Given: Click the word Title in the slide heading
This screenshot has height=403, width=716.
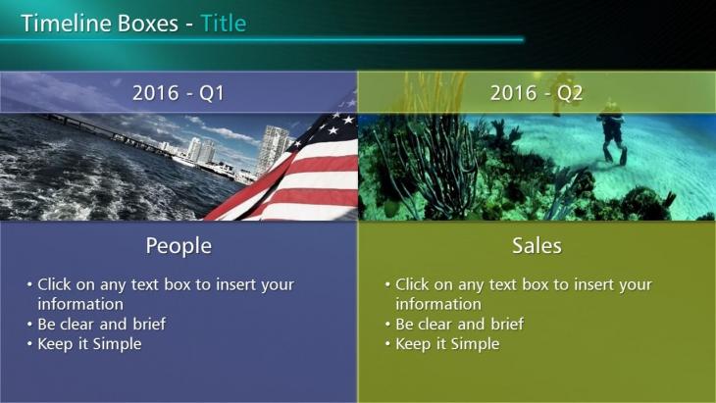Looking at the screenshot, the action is pos(224,24).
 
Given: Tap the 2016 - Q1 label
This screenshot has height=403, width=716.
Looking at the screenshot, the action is pos(179,93).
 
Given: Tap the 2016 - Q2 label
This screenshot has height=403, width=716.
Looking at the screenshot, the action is pos(537,93).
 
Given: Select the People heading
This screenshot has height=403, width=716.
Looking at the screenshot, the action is pos(179,246).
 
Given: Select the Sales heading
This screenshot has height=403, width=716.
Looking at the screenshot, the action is pos(537,245).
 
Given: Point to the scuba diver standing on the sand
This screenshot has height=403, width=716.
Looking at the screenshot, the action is pos(611,132).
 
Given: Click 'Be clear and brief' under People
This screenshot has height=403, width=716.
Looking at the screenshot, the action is pos(101,324).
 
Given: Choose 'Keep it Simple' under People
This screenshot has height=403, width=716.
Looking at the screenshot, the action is pos(89,344).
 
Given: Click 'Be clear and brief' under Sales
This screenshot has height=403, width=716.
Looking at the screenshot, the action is pos(459,324).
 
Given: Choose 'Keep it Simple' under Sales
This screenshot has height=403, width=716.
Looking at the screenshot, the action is pos(447,344).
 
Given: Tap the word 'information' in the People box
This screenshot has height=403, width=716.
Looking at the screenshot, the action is pos(80,304).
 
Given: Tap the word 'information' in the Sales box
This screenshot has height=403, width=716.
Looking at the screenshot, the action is pos(438,304).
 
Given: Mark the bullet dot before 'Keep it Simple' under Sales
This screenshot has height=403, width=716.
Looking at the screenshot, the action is pos(387,343).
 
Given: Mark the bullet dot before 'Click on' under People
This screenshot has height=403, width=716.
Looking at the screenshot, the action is pos(29,284).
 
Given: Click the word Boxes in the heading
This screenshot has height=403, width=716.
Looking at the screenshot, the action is pos(148,24).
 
